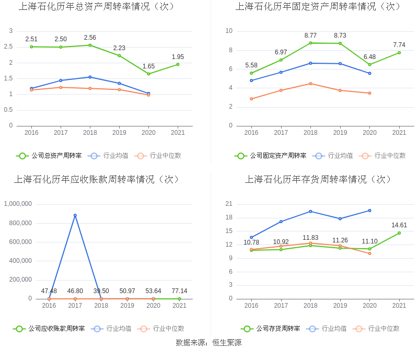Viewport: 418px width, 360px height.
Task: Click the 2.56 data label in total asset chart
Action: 90,38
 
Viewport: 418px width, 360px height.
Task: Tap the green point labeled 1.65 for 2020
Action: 148,74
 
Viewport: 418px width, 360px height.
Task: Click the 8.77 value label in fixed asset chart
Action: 310,36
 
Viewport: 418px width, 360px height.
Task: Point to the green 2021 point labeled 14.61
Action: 399,233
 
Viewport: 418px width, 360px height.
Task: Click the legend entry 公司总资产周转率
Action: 49,156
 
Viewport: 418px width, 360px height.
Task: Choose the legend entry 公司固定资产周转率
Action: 271,156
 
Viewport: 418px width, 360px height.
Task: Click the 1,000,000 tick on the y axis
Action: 18,204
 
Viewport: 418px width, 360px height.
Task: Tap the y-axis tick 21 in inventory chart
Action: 229,204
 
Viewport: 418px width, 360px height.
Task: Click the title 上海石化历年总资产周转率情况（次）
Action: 97,7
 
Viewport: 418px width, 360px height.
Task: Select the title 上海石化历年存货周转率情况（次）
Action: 318,179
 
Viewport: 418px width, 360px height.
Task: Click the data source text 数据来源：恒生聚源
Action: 208,343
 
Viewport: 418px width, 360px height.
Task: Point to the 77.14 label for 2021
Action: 179,291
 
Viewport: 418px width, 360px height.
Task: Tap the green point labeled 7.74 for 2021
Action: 399,52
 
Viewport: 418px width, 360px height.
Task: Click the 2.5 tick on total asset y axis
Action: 8,47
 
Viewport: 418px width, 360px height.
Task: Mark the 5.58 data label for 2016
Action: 251,65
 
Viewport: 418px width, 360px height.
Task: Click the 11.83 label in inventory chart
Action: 310,238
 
